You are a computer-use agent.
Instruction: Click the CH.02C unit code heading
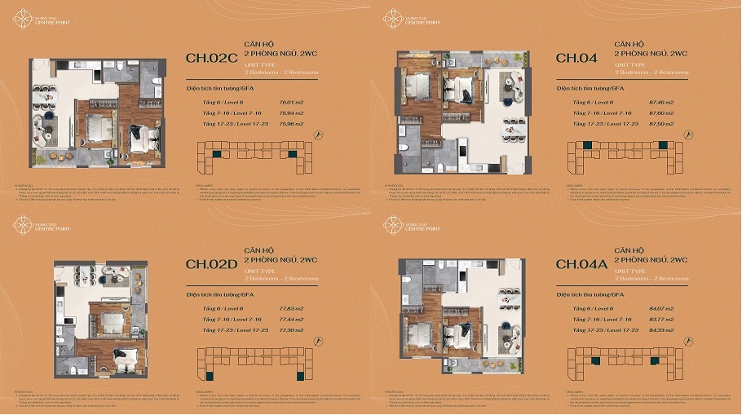210,58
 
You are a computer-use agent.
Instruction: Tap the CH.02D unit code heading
210,263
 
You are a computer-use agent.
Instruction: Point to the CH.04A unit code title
583,263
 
